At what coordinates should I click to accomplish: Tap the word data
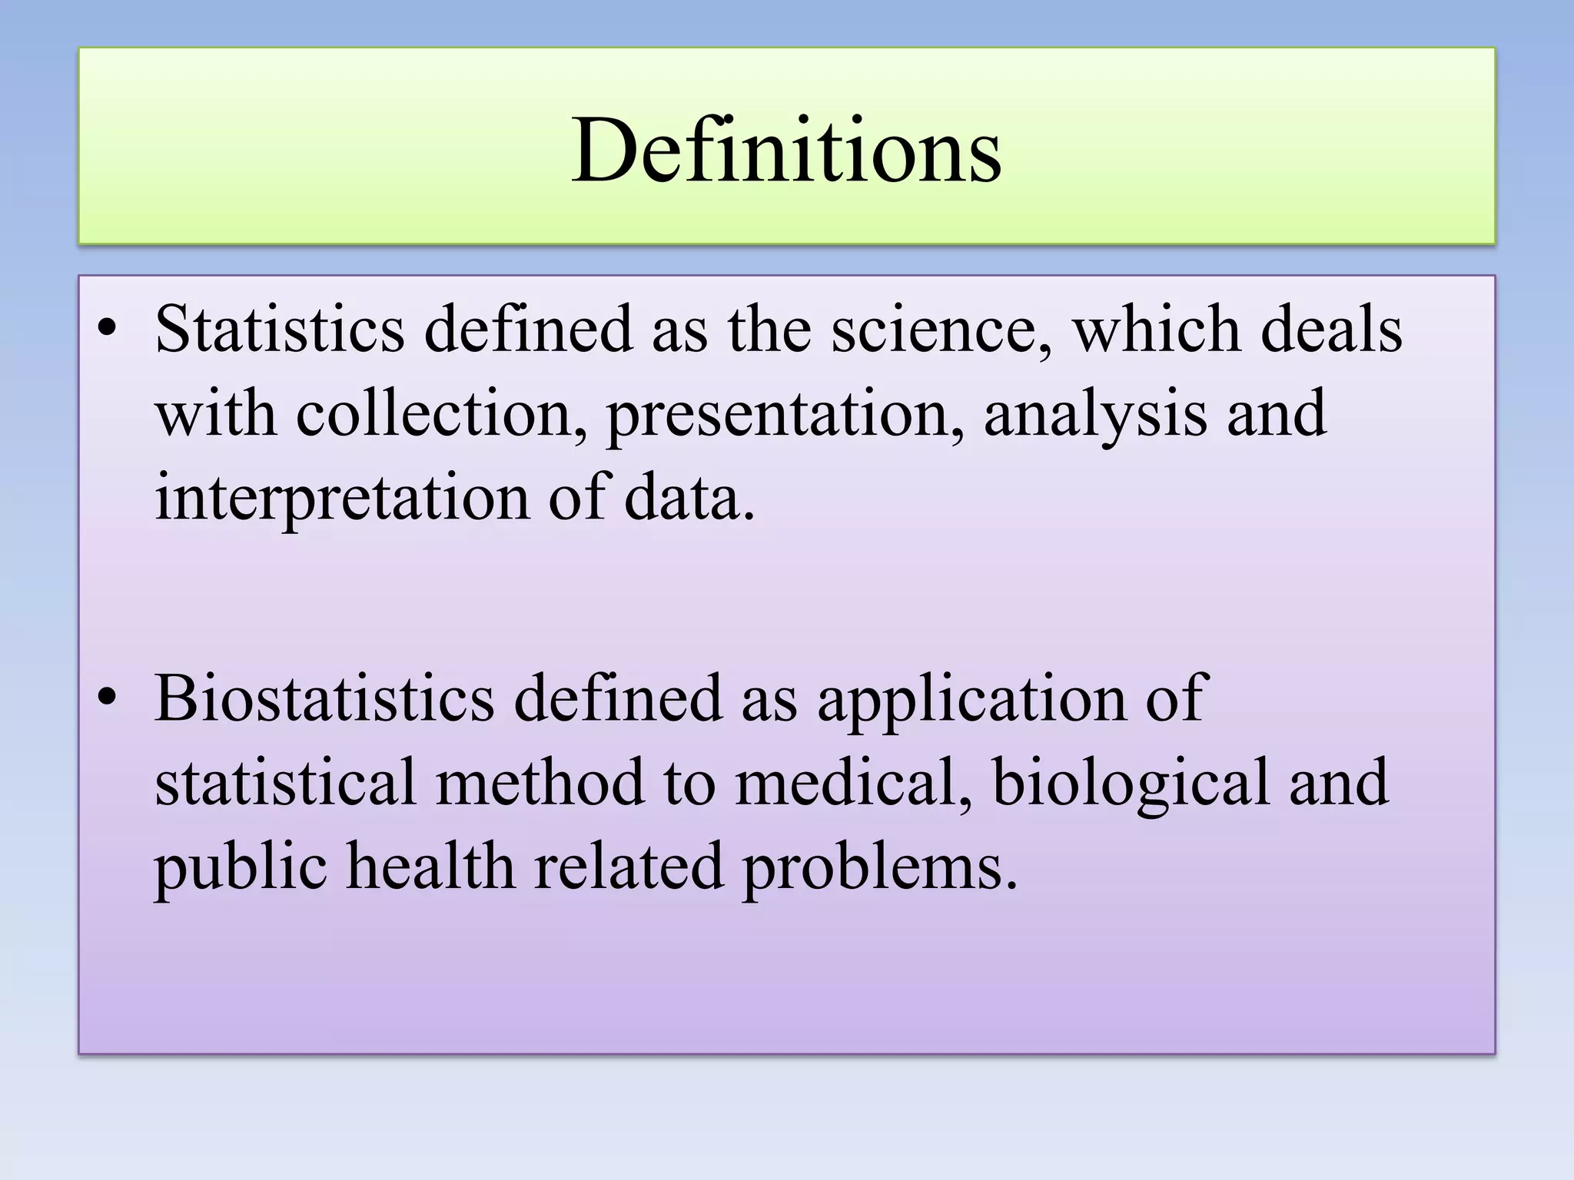[x=689, y=498]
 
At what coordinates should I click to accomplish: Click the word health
[x=430, y=867]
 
